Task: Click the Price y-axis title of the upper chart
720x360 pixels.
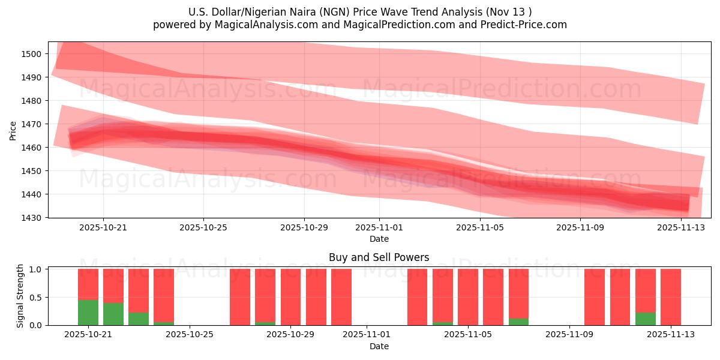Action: [x=13, y=130]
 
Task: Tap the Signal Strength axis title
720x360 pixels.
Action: [x=20, y=296]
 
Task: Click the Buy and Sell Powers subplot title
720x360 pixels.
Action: [x=379, y=257]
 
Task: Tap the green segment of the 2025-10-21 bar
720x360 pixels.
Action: [x=88, y=312]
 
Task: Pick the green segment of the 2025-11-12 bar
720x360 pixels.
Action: [x=645, y=319]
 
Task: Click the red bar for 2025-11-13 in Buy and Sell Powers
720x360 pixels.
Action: [x=670, y=297]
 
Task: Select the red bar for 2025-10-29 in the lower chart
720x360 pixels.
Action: [x=316, y=297]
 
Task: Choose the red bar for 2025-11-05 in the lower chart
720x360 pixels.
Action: [x=467, y=297]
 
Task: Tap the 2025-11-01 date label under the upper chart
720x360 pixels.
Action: [x=379, y=228]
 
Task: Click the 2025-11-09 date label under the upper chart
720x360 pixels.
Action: [x=580, y=228]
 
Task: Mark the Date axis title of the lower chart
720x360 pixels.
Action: [x=379, y=346]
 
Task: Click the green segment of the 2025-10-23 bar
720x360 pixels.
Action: [x=139, y=319]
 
